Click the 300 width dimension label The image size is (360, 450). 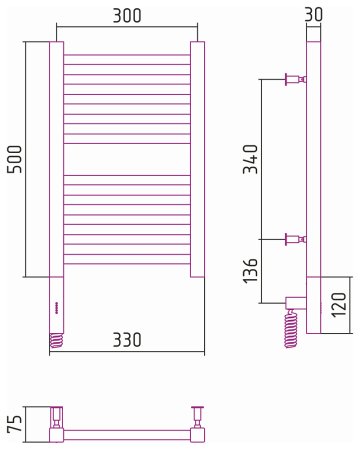126,15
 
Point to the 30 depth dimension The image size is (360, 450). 315,15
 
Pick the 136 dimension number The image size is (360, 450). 251,270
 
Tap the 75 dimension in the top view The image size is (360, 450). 15,422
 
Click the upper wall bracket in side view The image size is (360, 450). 296,79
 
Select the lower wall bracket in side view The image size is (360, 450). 296,239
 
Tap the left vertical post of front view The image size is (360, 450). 56,160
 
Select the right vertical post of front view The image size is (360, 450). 198,160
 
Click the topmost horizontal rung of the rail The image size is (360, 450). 127,55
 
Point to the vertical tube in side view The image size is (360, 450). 314,160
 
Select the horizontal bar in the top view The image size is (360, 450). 128,434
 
